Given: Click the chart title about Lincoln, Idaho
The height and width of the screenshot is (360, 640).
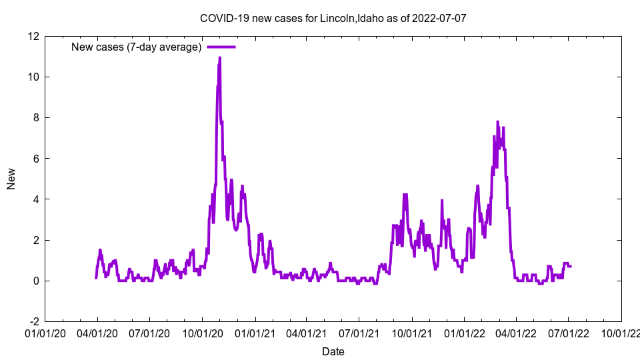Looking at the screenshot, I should (x=333, y=18).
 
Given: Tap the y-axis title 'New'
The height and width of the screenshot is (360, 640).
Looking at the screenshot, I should (x=11, y=179).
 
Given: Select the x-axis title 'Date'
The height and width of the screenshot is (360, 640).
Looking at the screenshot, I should (x=333, y=351).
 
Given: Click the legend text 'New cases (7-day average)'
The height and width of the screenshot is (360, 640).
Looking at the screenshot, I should (x=136, y=47).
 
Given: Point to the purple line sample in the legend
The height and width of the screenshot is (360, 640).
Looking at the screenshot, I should (x=221, y=47).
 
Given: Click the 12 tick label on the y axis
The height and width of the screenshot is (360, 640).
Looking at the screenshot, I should (x=33, y=36).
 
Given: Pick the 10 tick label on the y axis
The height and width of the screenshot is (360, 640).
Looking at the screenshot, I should (x=33, y=77).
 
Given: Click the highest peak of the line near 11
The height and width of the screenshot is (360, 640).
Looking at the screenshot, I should (x=219, y=57).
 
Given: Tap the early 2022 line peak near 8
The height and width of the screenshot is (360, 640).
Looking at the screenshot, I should (x=497, y=122).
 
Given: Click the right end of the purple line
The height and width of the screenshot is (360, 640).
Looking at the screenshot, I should (x=571, y=266).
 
